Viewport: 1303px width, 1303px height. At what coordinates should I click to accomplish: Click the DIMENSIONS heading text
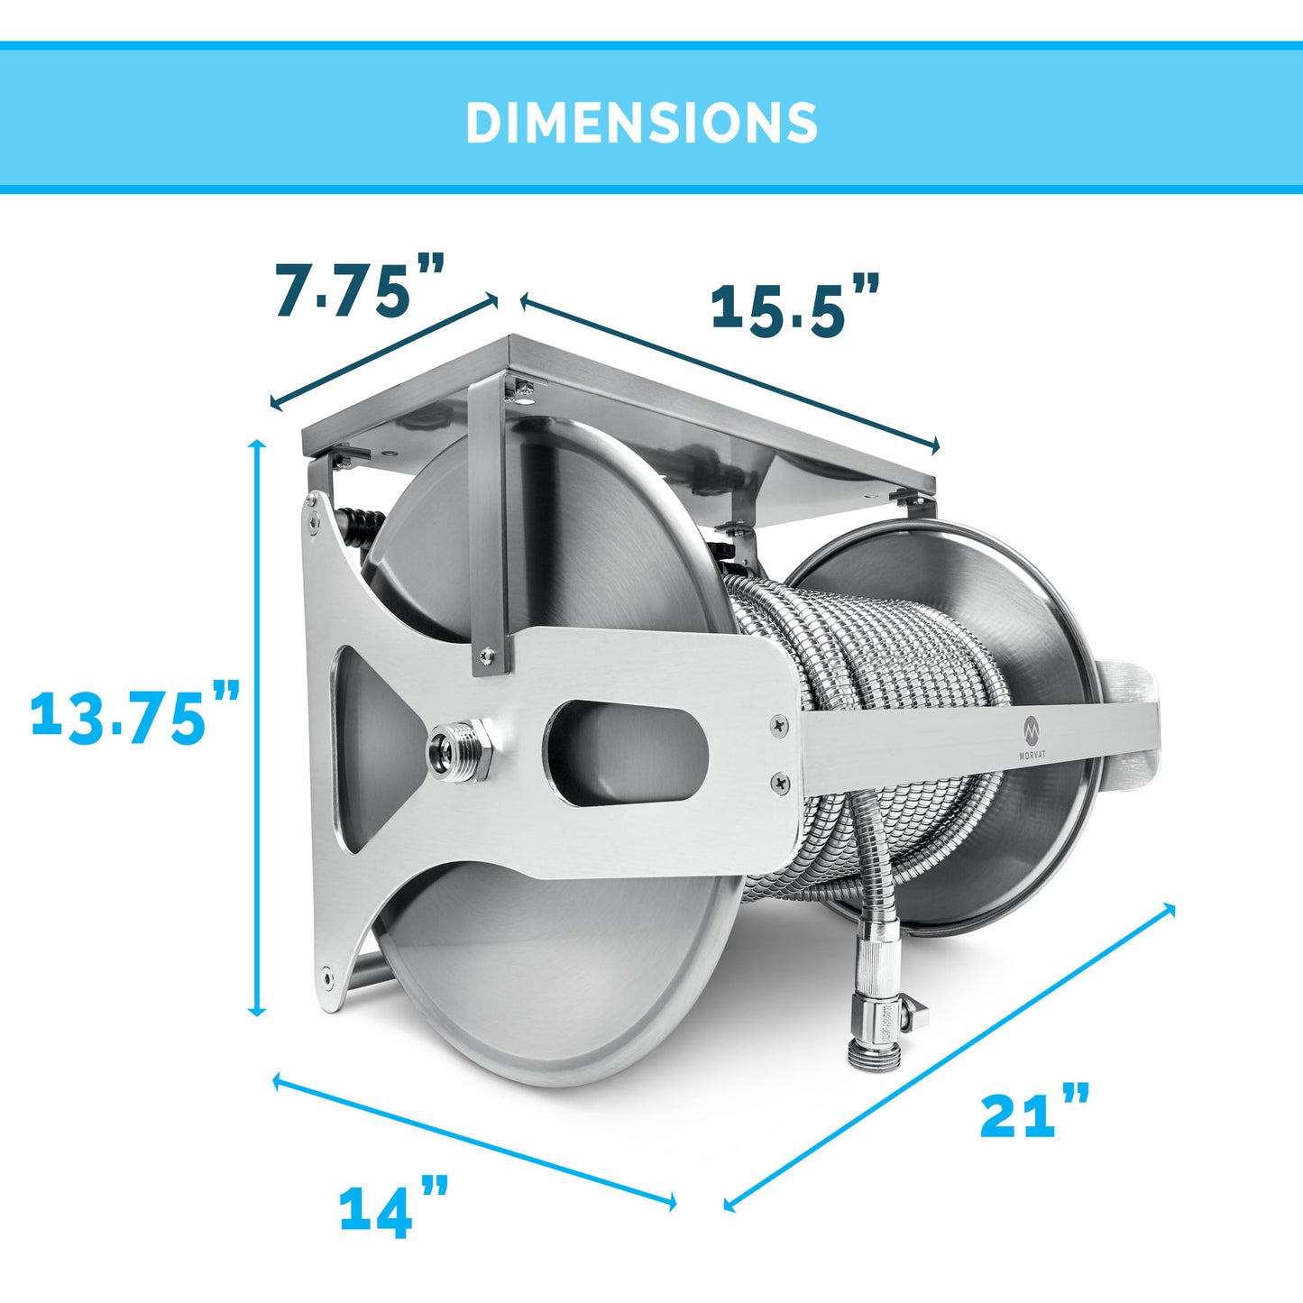tap(642, 123)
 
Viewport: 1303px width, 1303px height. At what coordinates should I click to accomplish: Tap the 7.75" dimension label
tap(360, 285)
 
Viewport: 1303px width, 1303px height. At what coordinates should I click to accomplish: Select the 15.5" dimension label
tap(795, 305)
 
